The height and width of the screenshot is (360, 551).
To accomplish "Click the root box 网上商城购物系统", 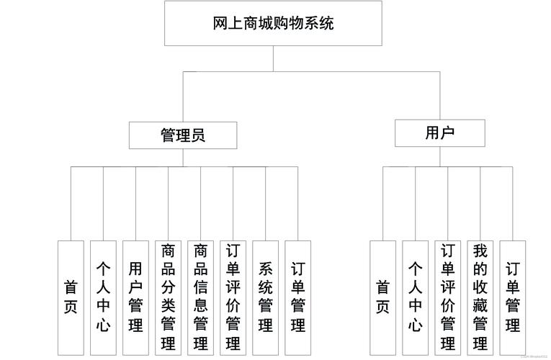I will pos(273,23).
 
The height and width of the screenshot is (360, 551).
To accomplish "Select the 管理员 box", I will pos(182,135).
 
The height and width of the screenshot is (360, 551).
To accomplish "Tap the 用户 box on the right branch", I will pos(439,133).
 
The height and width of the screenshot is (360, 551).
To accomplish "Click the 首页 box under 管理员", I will pos(71,297).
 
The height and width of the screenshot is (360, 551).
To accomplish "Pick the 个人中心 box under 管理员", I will pos(103,297).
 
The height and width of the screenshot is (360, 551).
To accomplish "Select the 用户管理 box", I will pos(135,297).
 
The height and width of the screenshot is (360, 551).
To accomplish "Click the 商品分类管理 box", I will pos(169,297).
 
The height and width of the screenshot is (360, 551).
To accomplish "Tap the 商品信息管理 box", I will pos(201,297).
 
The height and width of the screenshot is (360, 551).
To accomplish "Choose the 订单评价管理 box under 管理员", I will pos(233,297).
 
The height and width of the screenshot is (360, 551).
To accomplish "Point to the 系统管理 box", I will pos(266,297).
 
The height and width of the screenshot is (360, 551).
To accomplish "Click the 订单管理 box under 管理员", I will pos(298,297).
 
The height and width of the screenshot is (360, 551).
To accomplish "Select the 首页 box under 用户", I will pos(382,297).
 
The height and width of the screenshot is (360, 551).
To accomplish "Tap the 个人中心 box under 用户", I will pos(416,297).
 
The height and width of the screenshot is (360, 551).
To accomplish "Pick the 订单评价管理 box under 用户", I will pos(448,297).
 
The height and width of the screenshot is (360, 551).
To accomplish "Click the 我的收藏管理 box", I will pos(480,297).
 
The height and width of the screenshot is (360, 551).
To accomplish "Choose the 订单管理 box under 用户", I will pos(513,297).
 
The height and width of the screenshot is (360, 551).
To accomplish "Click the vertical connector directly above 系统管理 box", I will pos(266,203).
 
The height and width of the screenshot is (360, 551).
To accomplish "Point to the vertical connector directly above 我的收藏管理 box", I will pos(480,203).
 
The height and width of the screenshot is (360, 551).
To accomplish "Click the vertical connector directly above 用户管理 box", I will pos(135,203).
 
